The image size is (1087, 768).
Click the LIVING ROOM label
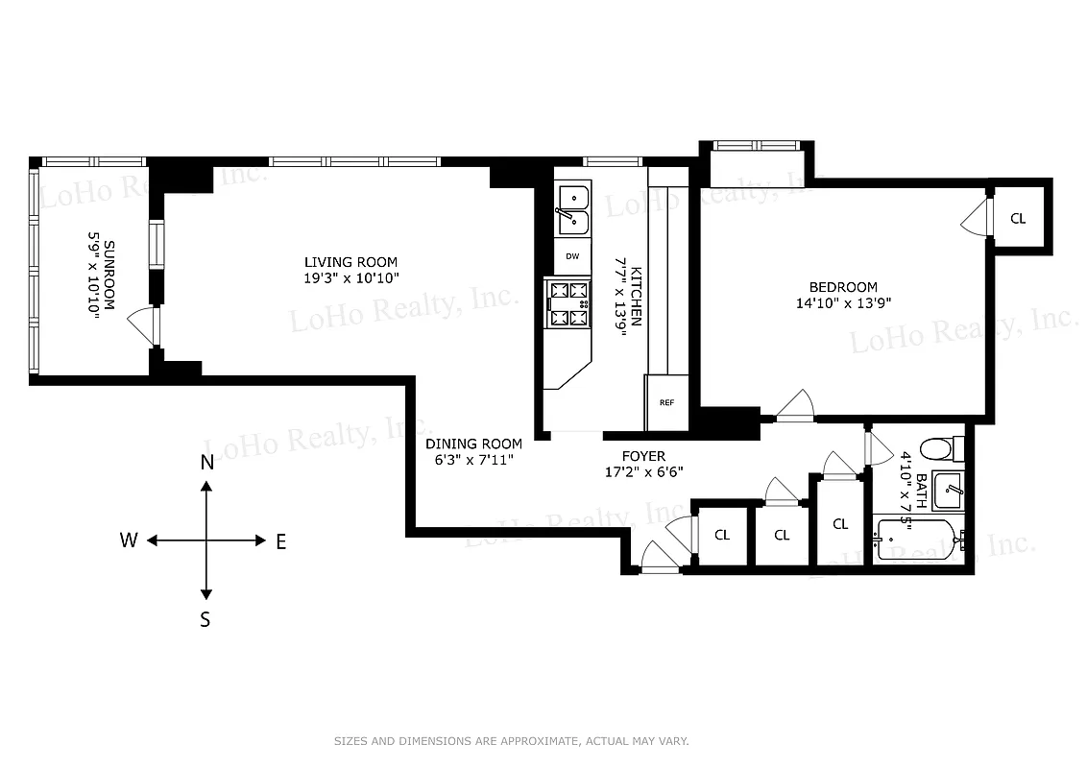[350, 262]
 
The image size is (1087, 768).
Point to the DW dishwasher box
[572, 256]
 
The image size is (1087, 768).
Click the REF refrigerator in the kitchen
[666, 402]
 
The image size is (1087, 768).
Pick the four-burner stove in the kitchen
[568, 303]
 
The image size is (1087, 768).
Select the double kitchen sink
[573, 209]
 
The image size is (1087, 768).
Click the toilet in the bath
[940, 448]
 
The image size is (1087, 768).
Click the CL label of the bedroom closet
[1018, 219]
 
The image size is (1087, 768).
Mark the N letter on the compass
[206, 463]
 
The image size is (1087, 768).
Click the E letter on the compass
[281, 541]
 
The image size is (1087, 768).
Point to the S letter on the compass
[205, 620]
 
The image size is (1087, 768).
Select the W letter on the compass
[129, 540]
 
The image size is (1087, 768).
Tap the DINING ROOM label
[474, 444]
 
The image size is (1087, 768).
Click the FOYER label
[643, 456]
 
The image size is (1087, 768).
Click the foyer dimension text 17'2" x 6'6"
[643, 471]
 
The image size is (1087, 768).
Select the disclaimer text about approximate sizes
[511, 741]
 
